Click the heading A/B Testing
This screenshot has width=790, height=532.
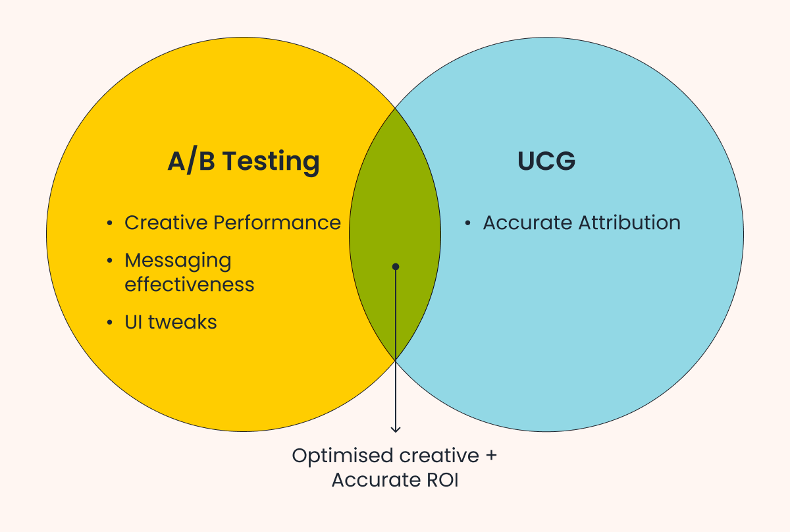click(x=244, y=162)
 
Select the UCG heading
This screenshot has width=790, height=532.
click(x=546, y=162)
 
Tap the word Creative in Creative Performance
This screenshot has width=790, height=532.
click(x=167, y=223)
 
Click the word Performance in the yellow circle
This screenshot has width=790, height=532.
click(x=277, y=223)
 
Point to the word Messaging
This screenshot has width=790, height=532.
click(x=178, y=261)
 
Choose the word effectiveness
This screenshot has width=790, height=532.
click(x=190, y=284)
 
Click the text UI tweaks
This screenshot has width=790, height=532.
click(x=171, y=322)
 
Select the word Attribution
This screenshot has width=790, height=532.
click(x=630, y=223)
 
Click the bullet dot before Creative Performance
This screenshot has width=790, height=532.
click(x=109, y=224)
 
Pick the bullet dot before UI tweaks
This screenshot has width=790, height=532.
click(x=109, y=323)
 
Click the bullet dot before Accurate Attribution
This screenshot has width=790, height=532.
click(x=467, y=224)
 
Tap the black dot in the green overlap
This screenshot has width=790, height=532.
click(x=396, y=267)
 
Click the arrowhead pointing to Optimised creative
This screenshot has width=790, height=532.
click(x=396, y=429)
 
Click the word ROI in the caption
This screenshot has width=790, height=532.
click(x=440, y=481)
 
